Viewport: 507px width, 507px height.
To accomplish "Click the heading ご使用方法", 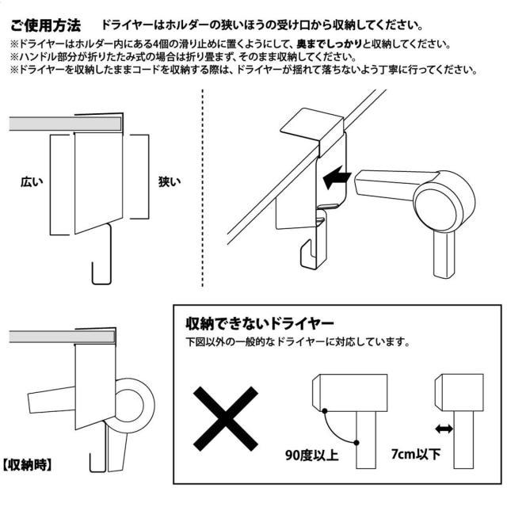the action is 46,25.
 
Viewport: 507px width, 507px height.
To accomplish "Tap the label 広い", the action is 32,181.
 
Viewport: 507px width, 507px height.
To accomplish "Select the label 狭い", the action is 170,181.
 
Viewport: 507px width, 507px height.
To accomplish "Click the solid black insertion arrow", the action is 337,177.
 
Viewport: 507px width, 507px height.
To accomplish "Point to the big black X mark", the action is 226,419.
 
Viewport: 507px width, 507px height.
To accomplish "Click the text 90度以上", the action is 311,456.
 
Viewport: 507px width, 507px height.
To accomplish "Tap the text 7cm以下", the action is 416,454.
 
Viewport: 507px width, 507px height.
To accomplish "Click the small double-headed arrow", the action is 444,429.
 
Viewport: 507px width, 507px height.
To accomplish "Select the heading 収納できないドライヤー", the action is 260,323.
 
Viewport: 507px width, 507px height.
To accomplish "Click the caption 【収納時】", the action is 27,465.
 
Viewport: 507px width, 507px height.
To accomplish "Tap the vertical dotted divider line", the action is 203,189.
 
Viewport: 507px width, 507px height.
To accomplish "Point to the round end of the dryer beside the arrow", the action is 444,202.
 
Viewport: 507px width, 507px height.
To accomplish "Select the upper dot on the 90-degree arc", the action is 324,411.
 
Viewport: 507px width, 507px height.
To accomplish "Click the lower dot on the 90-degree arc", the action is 356,443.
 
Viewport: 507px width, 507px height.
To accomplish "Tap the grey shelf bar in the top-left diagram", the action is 66,124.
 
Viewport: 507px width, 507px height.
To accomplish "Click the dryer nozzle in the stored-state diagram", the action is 51,398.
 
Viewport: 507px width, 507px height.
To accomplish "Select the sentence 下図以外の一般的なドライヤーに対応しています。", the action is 298,342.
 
